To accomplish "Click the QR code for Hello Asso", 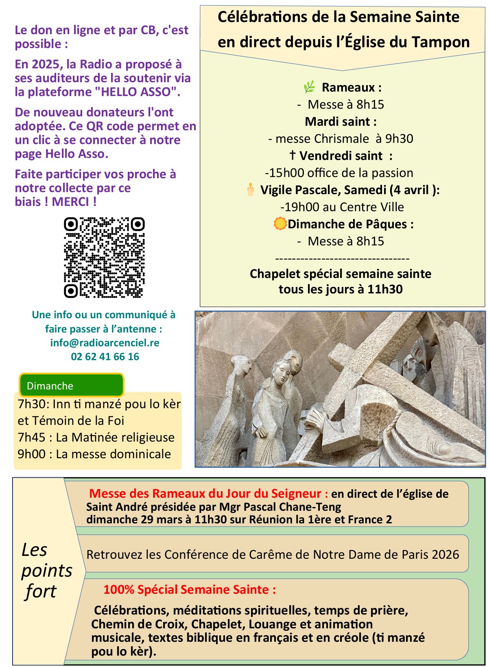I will tap(104, 257).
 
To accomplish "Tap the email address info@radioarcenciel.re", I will tap(105, 343).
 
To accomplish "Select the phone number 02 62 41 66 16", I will tap(105, 356).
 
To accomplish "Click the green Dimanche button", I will tap(71, 385).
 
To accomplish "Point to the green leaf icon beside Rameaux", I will tap(309, 87).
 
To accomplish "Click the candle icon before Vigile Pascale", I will tap(250, 190).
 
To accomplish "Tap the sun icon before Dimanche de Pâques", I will tap(280, 223).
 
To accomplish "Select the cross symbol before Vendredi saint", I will tap(292, 155).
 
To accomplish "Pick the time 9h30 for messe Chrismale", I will tap(399, 139).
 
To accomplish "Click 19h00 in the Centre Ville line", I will tap(301, 207).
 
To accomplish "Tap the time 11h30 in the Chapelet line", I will tap(385, 289).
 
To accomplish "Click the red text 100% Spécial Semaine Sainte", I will tap(189, 589).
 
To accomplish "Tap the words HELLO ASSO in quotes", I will tap(138, 92).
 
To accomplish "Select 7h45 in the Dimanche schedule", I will tap(31, 437).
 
